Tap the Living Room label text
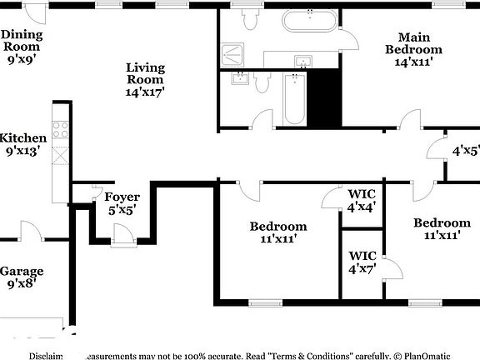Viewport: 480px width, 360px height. click(x=145, y=73)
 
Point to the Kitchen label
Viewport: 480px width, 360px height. click(x=22, y=138)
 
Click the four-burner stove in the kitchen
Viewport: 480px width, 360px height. click(x=61, y=129)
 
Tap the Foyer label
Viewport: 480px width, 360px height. click(x=122, y=197)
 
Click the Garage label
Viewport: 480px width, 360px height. click(x=22, y=272)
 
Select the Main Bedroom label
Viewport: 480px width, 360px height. click(x=413, y=43)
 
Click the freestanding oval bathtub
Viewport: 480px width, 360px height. click(x=310, y=21)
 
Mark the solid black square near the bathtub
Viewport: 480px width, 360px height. click(x=326, y=98)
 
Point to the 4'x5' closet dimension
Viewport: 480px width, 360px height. click(x=465, y=151)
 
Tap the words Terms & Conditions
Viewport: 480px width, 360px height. click(x=308, y=355)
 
